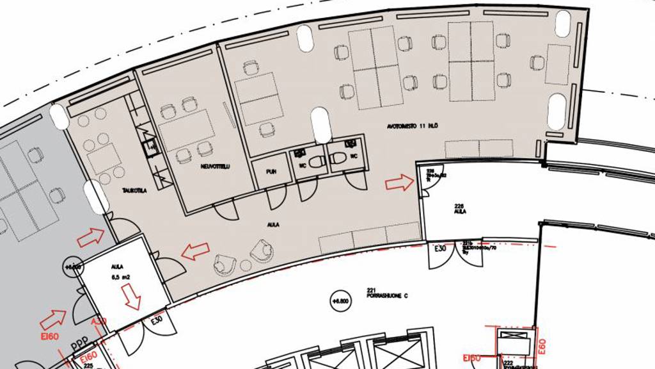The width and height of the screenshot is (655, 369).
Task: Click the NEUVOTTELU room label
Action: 215,167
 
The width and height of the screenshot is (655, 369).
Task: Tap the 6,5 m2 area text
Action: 122,277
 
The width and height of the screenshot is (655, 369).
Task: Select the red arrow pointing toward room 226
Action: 399,184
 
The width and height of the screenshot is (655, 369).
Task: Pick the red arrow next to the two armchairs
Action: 195,251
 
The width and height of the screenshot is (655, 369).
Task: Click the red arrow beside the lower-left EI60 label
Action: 54,318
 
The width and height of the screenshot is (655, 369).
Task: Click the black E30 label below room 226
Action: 441,249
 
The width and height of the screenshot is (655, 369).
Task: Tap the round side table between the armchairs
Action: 246,265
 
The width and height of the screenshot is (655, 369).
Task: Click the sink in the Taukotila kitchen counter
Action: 152,148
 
